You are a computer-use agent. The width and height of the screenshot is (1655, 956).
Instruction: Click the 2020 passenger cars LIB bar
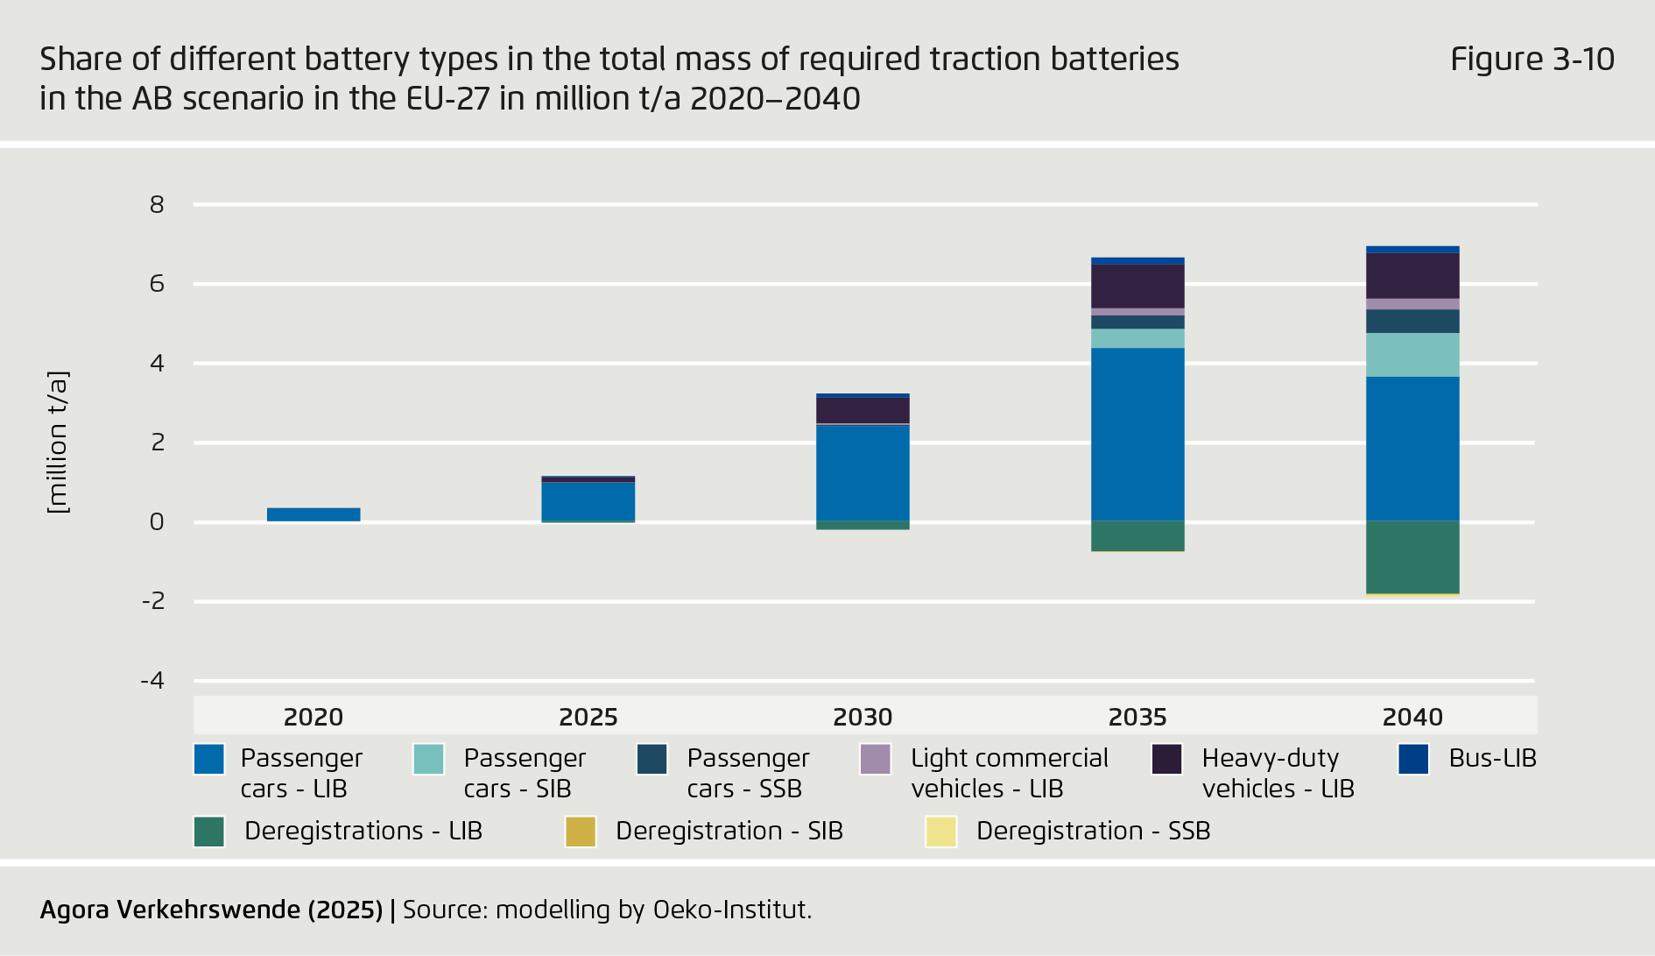(313, 514)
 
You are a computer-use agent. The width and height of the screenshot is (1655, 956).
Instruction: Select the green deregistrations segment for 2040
(1412, 557)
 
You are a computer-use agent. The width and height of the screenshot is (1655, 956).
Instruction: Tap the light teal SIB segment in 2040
(1412, 355)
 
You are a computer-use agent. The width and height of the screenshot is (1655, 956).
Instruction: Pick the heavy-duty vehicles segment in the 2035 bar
(1137, 286)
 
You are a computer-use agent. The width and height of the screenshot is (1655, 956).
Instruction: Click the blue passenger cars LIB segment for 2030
(863, 473)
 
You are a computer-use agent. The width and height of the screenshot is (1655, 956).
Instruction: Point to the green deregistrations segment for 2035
(1137, 536)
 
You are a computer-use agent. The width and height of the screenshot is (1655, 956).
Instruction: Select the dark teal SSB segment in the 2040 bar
(1412, 322)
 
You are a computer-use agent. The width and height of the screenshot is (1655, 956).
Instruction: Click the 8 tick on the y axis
(157, 205)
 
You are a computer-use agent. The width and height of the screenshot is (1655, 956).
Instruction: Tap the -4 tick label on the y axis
(152, 681)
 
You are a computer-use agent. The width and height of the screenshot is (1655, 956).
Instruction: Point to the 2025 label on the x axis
(588, 717)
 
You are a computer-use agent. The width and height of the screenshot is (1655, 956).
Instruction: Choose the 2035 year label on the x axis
(1137, 717)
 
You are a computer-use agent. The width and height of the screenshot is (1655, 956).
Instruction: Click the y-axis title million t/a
(57, 443)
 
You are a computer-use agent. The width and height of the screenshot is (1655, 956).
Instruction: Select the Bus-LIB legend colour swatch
(1413, 759)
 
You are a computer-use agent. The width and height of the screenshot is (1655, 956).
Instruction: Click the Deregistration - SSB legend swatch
(940, 832)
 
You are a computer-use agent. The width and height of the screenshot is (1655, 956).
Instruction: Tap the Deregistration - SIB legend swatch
(581, 832)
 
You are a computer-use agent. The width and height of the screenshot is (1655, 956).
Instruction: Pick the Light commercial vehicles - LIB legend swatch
(875, 759)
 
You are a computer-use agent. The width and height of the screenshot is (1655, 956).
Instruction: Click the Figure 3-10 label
(1532, 60)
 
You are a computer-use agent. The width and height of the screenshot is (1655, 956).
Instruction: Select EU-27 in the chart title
(447, 99)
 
